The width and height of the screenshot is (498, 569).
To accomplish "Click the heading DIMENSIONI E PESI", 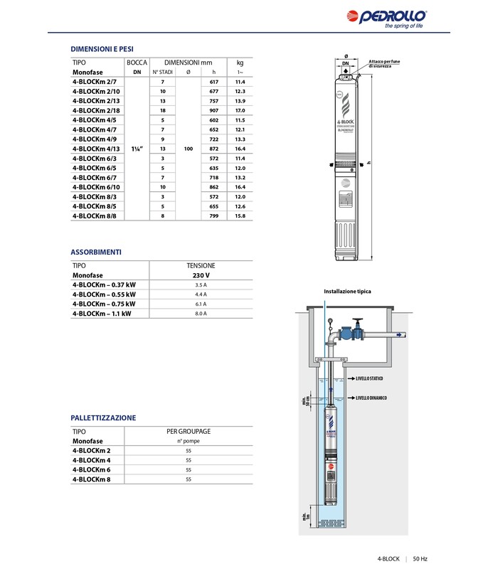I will click(102, 48).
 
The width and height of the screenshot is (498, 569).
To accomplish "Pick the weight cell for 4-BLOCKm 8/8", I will click(240, 216).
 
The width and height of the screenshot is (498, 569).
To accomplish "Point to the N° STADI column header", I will click(163, 73).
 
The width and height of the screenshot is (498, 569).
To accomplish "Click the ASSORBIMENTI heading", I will click(96, 252).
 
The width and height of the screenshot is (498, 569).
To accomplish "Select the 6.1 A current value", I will click(201, 304).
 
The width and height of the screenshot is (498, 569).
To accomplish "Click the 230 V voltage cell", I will click(201, 275).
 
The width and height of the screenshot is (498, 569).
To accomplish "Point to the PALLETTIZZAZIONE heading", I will click(103, 418).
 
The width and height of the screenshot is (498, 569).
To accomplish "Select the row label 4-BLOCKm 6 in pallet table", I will click(96, 470).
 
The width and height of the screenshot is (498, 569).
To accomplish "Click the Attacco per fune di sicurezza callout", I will click(384, 64).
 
